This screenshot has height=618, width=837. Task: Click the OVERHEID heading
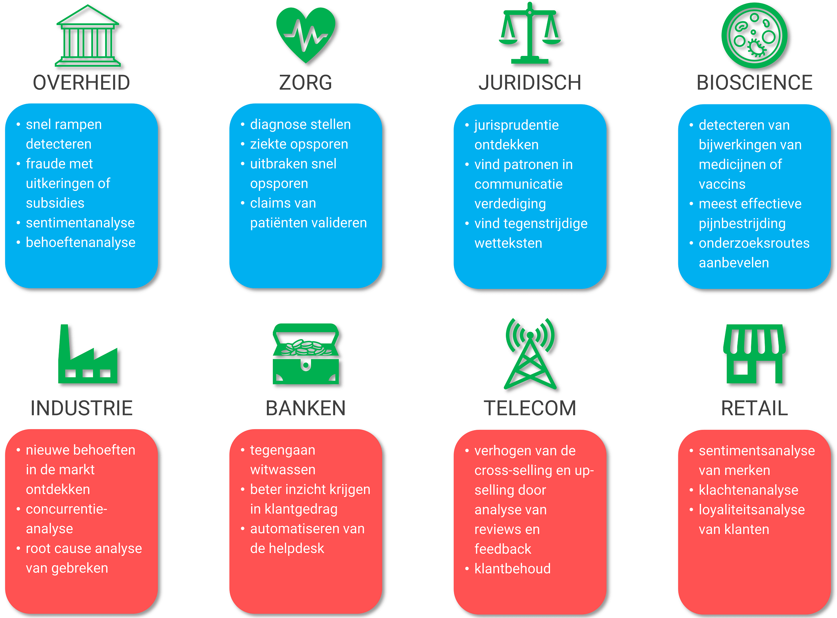(x=81, y=82)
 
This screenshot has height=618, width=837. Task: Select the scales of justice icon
(x=529, y=34)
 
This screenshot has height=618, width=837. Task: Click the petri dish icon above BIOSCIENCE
(x=754, y=35)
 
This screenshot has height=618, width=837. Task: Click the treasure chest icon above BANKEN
(x=305, y=355)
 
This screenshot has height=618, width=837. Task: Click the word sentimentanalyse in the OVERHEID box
(x=80, y=223)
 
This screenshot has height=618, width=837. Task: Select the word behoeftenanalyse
(x=80, y=243)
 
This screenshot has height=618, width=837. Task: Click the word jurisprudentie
(x=516, y=125)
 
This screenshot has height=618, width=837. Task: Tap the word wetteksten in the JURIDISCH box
(x=508, y=243)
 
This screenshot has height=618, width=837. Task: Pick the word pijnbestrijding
(x=742, y=224)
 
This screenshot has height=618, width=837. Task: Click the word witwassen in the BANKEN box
(x=283, y=470)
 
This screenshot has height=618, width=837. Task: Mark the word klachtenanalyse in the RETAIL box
(x=748, y=490)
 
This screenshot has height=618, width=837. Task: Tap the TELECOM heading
(x=529, y=408)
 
